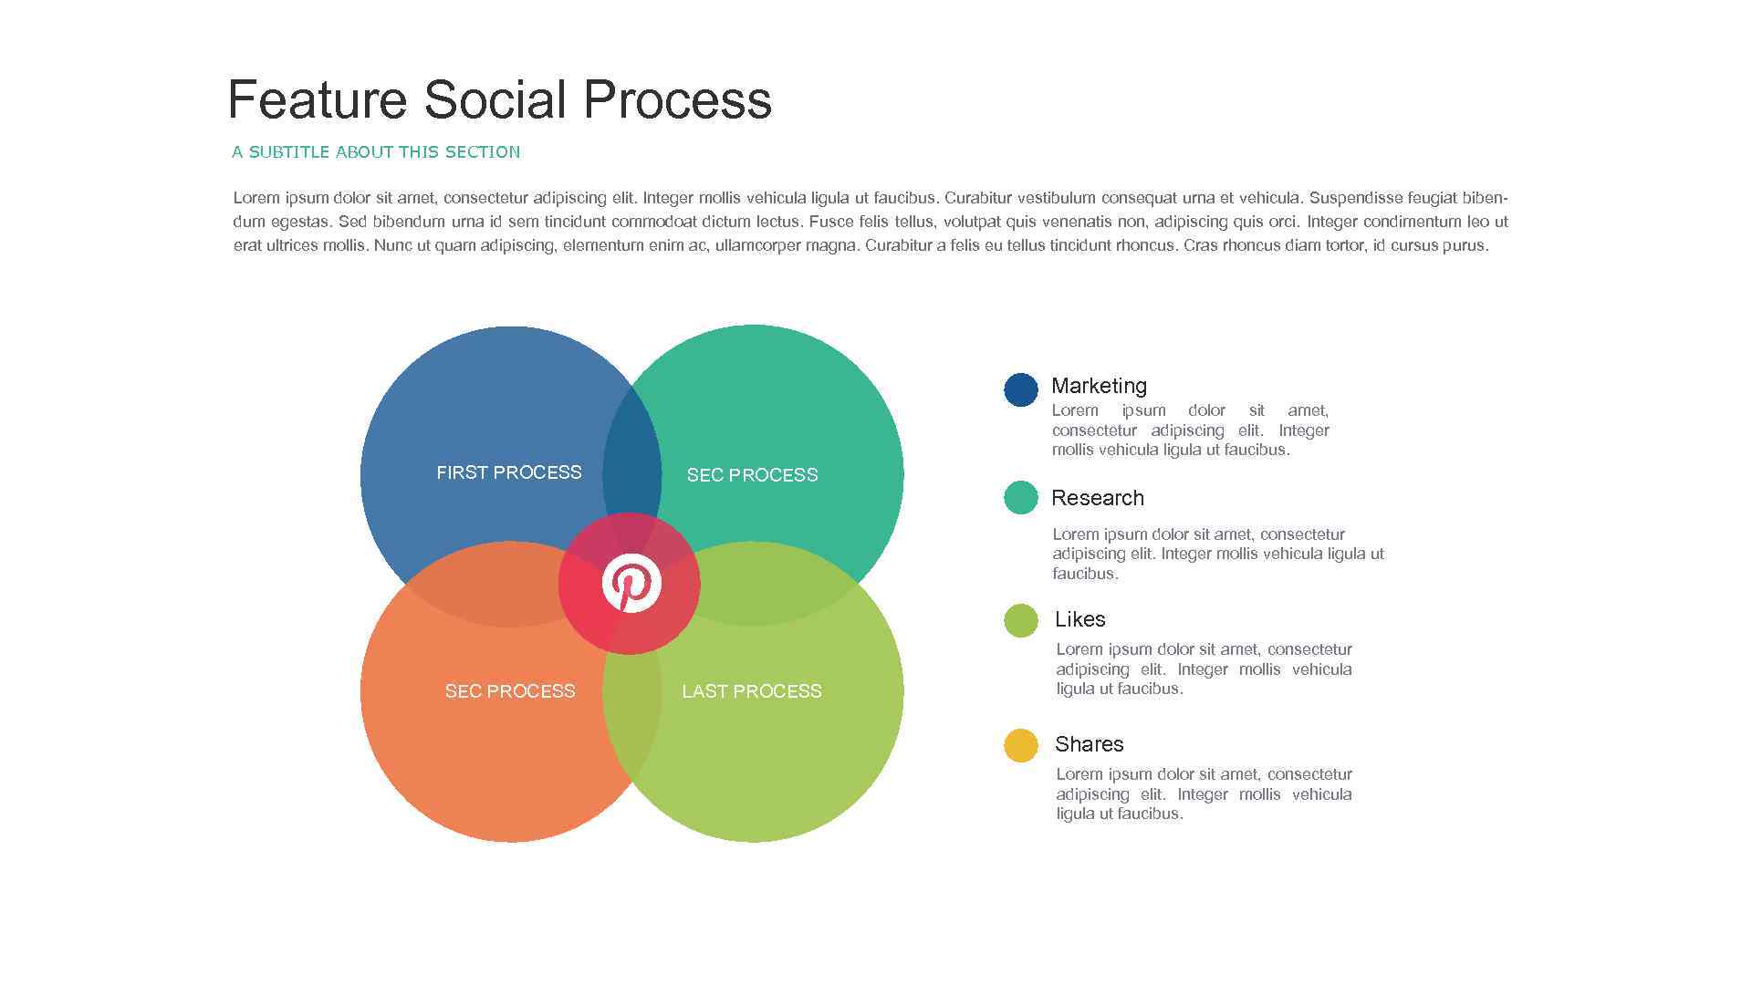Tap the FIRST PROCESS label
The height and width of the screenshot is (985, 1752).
coord(508,472)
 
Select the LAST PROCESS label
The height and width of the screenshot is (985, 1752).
coord(751,691)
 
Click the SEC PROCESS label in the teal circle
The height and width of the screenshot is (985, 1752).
coord(752,475)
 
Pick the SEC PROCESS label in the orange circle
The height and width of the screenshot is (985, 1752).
coord(509,691)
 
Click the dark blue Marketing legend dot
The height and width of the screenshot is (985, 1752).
coord(1020,389)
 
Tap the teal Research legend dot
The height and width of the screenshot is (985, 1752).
coord(1020,498)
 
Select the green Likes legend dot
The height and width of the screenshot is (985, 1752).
coord(1020,620)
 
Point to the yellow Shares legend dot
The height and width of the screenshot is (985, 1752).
coord(1020,745)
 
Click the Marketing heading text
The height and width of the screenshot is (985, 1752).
coord(1099,386)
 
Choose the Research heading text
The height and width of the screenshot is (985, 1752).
coord(1097,498)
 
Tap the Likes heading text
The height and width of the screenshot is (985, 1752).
coord(1079,619)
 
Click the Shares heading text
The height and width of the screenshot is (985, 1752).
coord(1089,744)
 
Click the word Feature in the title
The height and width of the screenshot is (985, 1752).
coord(316,99)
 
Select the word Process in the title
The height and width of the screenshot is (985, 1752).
coord(677,99)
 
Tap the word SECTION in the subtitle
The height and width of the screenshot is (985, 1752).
coord(483,152)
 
